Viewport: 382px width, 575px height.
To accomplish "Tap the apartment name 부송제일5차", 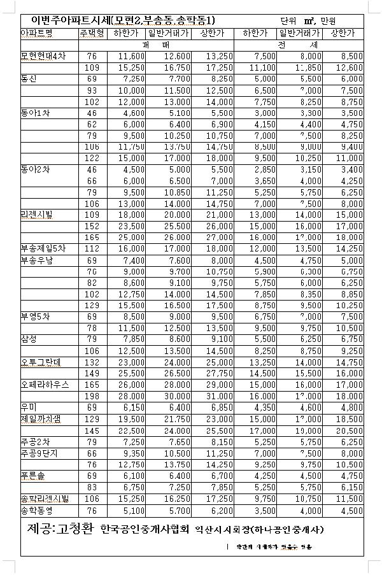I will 43,248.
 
